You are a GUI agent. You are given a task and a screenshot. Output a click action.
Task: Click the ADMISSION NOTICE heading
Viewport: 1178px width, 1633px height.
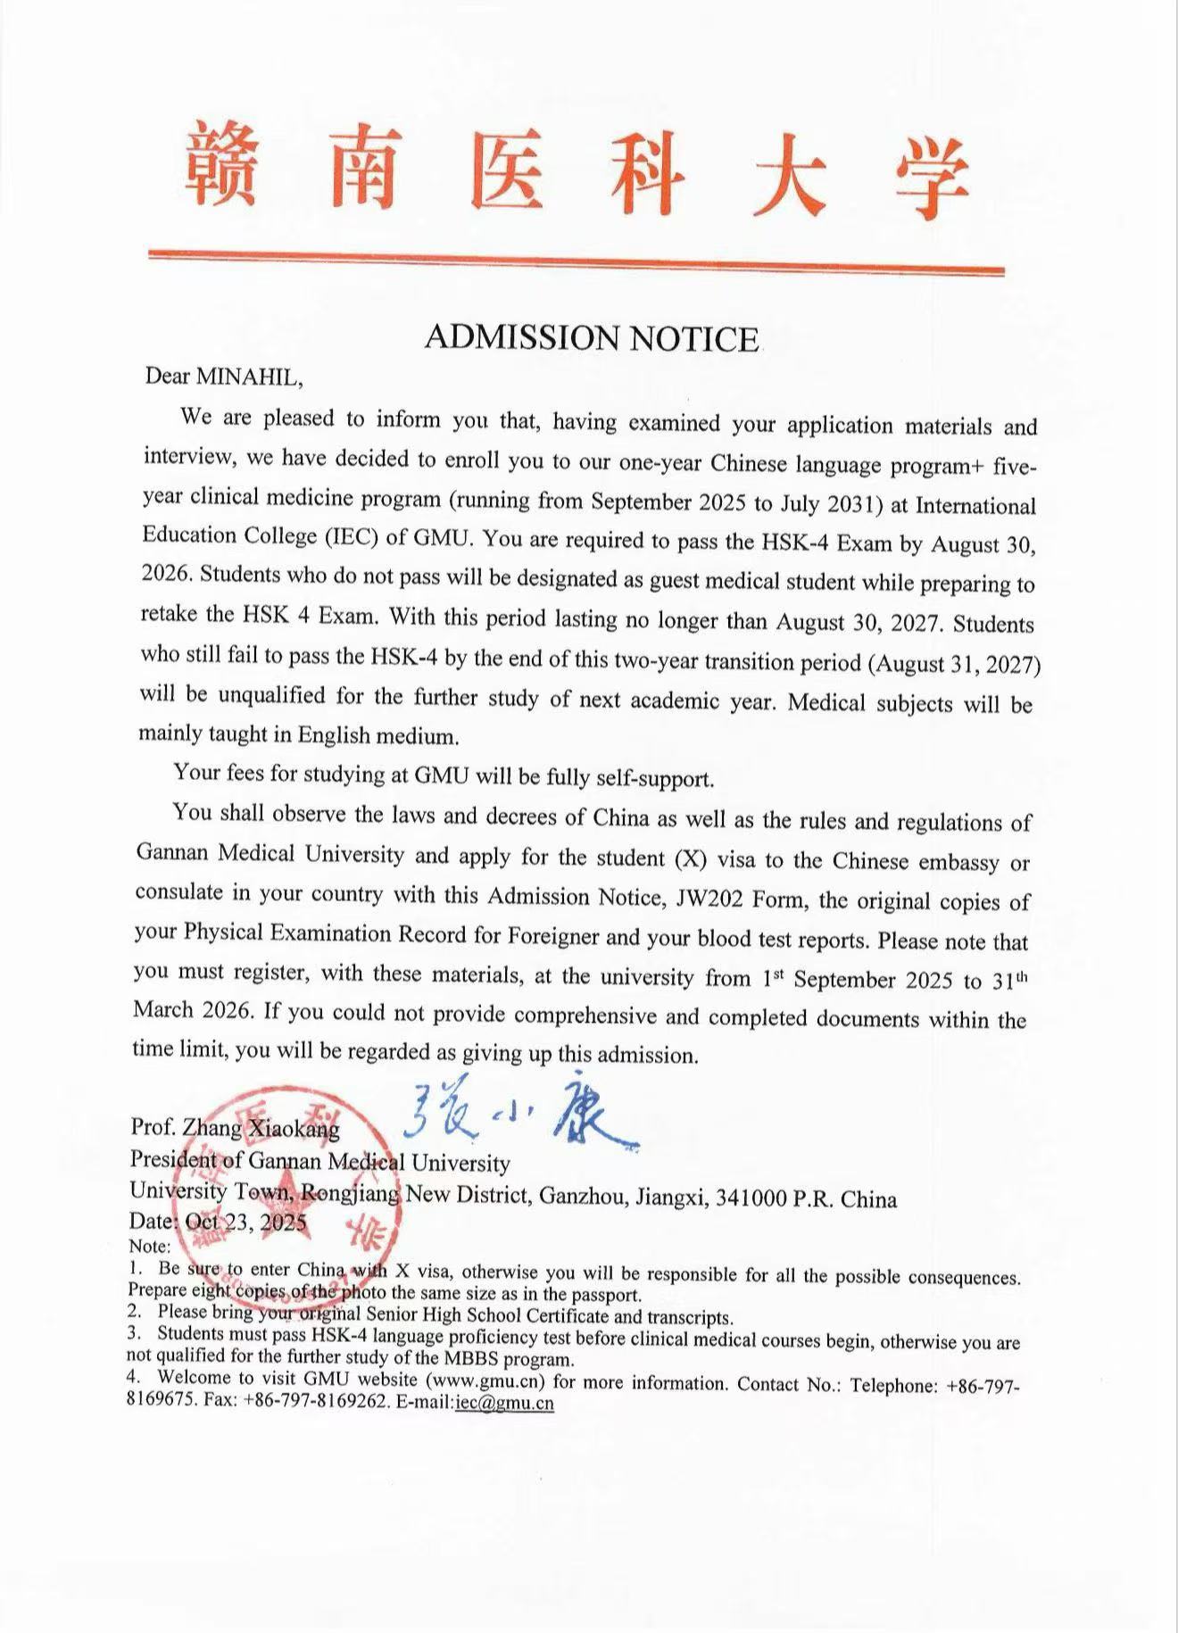(592, 338)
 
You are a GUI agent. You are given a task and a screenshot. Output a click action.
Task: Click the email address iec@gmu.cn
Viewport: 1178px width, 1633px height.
(504, 1403)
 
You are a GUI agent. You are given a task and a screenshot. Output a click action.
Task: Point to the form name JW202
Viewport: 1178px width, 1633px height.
(709, 898)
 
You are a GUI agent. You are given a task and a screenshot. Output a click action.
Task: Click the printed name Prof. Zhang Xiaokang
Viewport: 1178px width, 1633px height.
(236, 1128)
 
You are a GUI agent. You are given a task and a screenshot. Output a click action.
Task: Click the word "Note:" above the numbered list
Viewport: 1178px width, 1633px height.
(149, 1246)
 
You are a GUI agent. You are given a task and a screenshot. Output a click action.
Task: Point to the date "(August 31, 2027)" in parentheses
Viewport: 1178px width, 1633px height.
(957, 665)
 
